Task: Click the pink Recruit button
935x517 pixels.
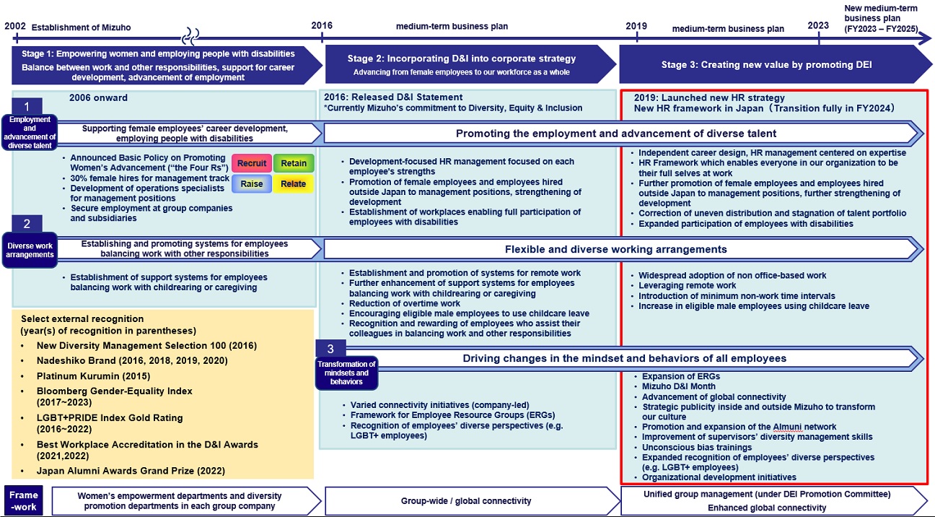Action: tap(251, 163)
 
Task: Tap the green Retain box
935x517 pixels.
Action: tap(294, 163)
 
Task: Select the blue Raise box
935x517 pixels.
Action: tap(251, 183)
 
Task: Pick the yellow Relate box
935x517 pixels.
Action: tap(294, 183)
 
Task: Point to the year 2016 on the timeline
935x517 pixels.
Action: tap(322, 26)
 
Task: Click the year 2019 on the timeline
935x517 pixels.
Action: tap(636, 26)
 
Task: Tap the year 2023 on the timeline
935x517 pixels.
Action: tap(818, 25)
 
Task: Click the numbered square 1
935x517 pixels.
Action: tap(27, 106)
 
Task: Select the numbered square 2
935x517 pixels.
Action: tap(27, 223)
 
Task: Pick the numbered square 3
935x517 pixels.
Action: tap(330, 349)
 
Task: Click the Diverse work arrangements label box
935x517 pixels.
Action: tap(30, 249)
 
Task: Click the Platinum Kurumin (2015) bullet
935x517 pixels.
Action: tap(84, 376)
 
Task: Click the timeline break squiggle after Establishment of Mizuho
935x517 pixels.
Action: tap(189, 34)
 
